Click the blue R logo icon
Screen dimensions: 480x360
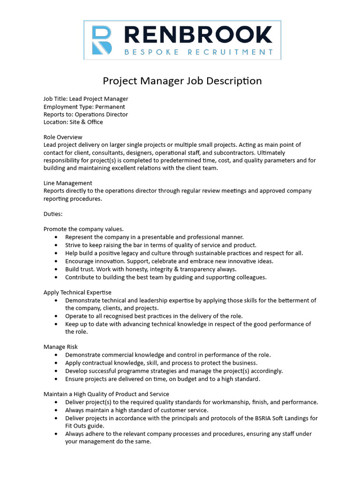[102, 40]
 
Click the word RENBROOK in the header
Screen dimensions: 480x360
[196, 35]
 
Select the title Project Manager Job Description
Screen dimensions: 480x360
[182, 81]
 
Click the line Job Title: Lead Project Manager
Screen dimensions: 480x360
[86, 99]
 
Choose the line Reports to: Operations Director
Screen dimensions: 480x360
[86, 114]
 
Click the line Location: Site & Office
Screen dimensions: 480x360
[73, 122]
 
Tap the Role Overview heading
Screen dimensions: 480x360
[63, 137]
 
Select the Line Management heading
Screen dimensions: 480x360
[68, 183]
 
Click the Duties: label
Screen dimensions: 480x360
[53, 214]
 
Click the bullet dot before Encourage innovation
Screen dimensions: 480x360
[56, 261]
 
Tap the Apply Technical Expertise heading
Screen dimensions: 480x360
[77, 292]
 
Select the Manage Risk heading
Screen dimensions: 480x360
[60, 347]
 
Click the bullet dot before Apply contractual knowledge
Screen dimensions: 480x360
[56, 363]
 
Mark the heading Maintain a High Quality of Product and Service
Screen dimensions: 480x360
[106, 394]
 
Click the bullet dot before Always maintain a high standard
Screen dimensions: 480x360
[56, 410]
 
